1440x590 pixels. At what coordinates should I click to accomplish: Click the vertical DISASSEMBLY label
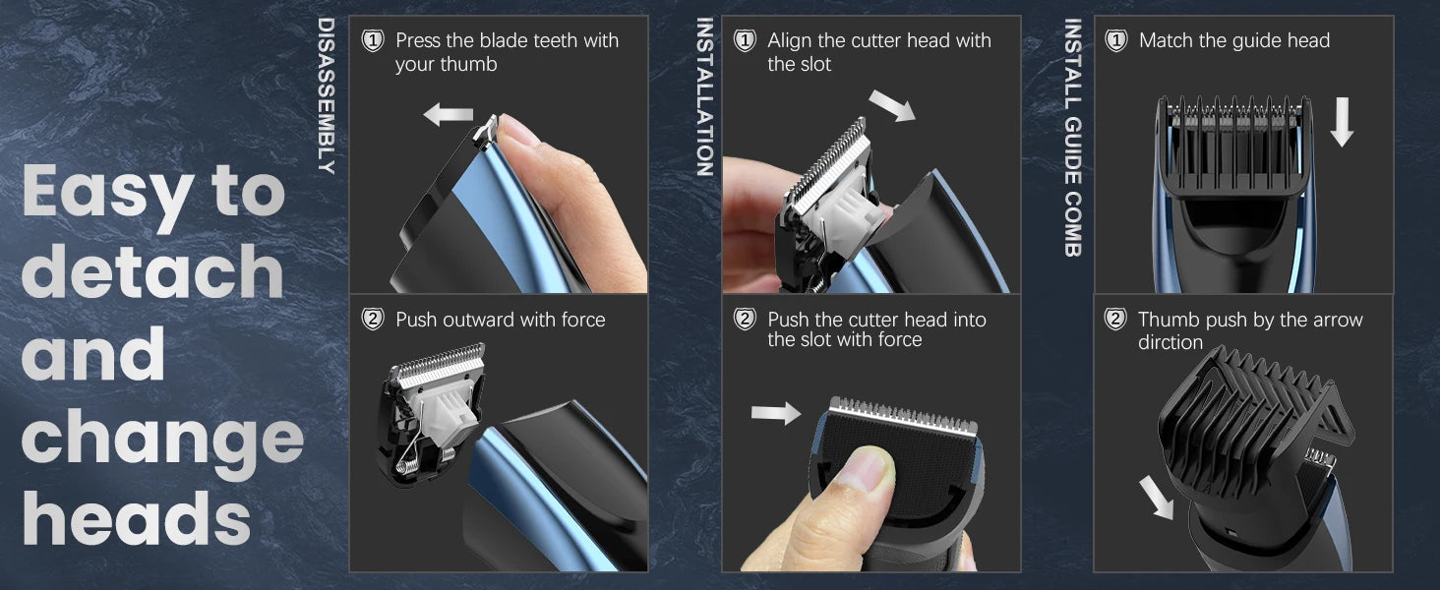click(327, 95)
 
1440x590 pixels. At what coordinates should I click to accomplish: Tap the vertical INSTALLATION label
click(705, 97)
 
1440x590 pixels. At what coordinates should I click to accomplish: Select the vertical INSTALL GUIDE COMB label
click(1073, 138)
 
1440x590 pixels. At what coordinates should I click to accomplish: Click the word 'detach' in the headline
click(153, 271)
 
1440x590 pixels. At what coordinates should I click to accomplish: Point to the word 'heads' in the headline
click(137, 518)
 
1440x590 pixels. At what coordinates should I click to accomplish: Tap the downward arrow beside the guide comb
click(1342, 122)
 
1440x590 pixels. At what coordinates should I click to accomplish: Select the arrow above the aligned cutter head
click(892, 105)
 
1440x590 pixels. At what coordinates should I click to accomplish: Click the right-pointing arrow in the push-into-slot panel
click(776, 413)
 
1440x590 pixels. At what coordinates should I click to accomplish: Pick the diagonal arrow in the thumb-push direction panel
click(1156, 497)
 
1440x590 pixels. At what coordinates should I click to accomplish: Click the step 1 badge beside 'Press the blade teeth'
click(373, 41)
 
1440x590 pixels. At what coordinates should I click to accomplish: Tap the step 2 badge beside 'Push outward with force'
click(373, 319)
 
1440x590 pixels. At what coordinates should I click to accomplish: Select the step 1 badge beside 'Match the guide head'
click(1116, 41)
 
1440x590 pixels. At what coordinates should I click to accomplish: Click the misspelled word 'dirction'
click(1170, 342)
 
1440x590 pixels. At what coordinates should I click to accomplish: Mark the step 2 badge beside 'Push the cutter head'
click(745, 319)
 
